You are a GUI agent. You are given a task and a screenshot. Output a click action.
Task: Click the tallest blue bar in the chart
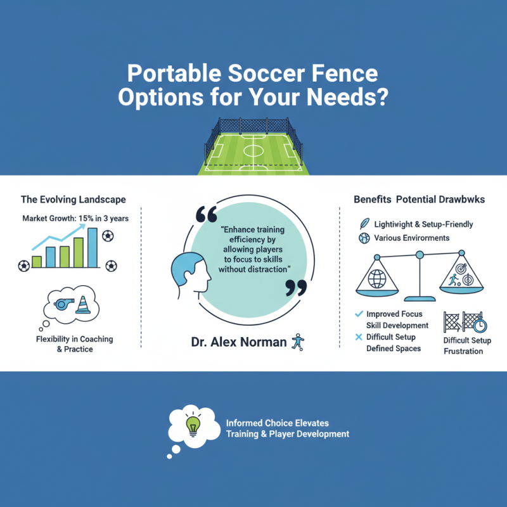click(x=93, y=248)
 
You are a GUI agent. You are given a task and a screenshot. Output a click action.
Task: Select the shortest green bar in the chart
click(x=37, y=261)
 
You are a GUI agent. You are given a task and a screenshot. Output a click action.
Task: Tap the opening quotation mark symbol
click(x=205, y=216)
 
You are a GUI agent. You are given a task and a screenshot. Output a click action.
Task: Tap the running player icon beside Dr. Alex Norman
click(x=297, y=342)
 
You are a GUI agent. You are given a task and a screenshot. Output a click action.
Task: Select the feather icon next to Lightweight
click(x=363, y=224)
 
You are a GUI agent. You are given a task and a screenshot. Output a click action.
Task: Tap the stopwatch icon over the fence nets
click(x=480, y=324)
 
